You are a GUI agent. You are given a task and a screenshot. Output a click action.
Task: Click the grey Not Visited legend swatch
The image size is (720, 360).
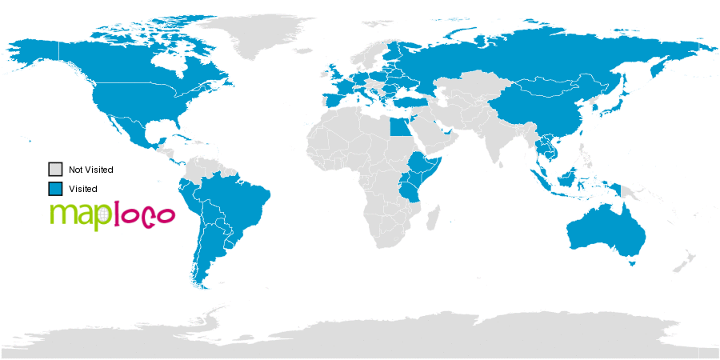pos(55,170)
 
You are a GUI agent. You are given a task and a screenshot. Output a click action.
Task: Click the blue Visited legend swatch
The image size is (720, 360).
pos(55,189)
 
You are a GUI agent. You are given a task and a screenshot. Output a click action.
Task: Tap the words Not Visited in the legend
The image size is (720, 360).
pos(90,170)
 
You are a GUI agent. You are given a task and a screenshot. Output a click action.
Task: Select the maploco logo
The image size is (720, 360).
pos(111,214)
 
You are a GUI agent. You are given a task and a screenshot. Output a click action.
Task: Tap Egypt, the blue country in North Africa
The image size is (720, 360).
pos(398,126)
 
